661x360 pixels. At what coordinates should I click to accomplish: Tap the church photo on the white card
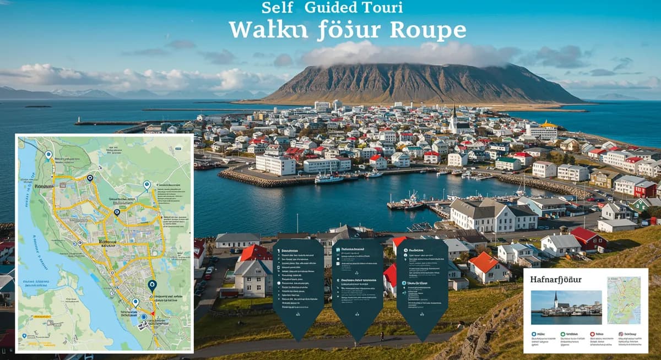point(566,307)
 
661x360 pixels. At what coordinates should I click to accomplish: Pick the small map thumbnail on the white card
point(624,300)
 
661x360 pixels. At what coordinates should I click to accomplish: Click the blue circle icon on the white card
point(534,334)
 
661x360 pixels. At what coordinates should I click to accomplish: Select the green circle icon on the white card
point(562,334)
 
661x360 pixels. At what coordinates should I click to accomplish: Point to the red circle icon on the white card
point(592,334)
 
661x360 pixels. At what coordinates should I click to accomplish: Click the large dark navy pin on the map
point(152,285)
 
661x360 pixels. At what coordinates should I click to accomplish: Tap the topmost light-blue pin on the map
point(48,155)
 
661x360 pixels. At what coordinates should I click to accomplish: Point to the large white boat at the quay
point(329,178)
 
